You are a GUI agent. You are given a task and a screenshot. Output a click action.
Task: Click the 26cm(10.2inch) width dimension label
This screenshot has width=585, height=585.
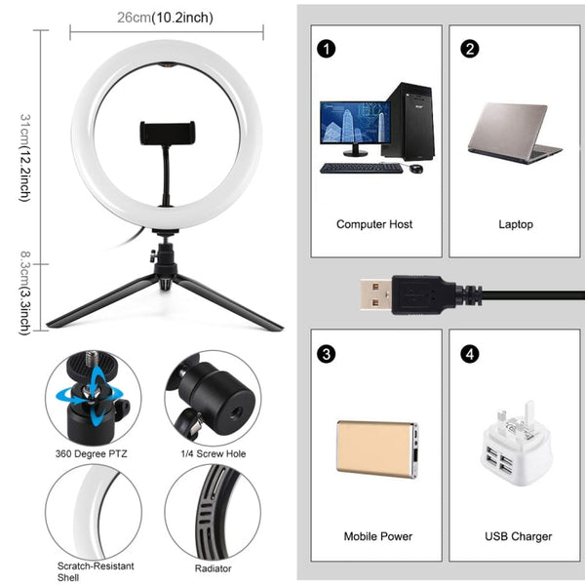point(165,18)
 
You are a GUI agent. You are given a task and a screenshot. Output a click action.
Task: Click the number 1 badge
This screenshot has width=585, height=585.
point(326,48)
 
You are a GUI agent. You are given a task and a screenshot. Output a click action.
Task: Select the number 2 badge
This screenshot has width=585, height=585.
point(470,48)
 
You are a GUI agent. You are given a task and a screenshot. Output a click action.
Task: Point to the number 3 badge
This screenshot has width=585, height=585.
point(326,354)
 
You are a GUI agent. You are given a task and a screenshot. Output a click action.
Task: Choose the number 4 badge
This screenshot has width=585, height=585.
point(470,354)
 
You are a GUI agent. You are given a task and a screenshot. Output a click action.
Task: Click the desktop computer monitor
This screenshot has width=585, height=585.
point(355,128)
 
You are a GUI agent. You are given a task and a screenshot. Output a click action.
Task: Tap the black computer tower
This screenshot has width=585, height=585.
point(408,122)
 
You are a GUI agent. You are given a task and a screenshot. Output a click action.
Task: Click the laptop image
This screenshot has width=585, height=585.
point(513,131)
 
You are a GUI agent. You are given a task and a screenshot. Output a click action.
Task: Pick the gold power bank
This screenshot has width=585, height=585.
point(376,448)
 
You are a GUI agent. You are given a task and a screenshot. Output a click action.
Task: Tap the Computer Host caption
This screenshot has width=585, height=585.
point(374,224)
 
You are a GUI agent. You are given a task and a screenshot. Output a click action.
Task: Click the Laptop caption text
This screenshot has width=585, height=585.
point(516,224)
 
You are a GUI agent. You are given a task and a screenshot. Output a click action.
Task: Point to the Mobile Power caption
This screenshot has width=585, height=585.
point(377,536)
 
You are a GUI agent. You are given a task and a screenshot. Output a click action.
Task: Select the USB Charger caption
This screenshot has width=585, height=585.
point(518,536)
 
